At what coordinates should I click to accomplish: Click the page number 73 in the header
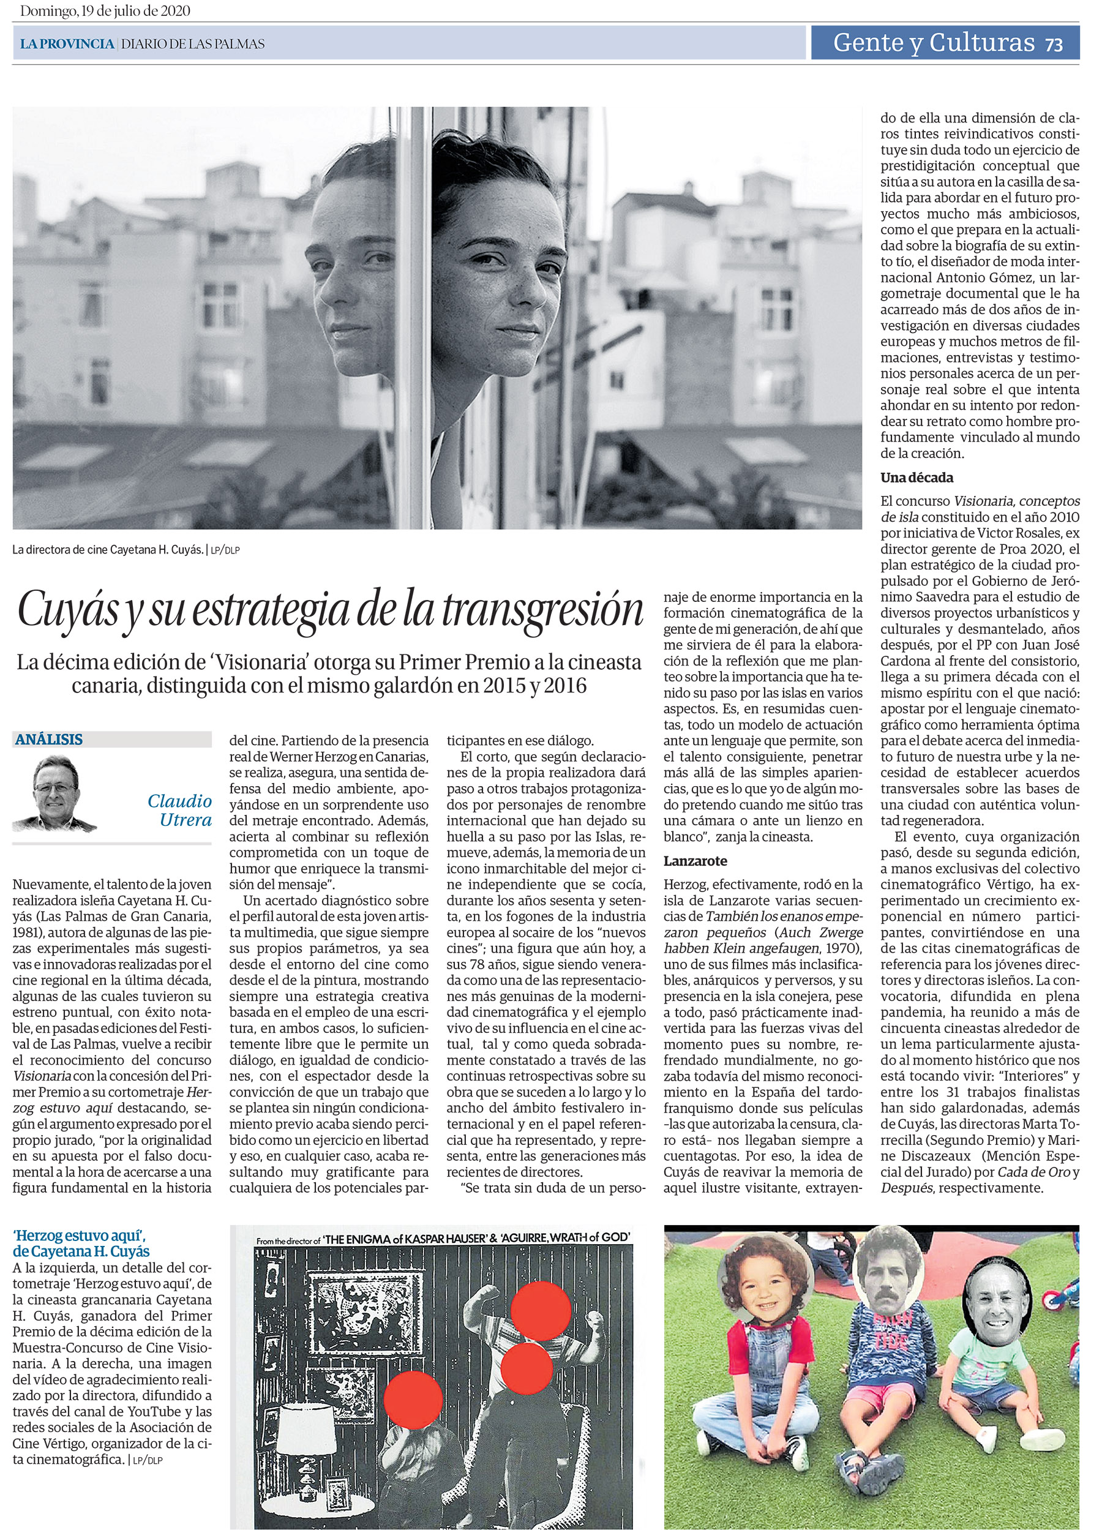click(1054, 45)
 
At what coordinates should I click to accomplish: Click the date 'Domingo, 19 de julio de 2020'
click(105, 11)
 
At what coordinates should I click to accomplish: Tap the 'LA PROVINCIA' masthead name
click(67, 45)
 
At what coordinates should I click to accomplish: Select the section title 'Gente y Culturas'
click(934, 42)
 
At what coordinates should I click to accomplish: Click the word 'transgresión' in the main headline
click(543, 609)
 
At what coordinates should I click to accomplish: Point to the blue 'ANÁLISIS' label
click(48, 740)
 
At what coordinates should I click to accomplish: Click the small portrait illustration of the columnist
click(55, 793)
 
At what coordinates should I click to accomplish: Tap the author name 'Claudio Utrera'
click(179, 810)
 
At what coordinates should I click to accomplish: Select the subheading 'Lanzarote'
click(695, 861)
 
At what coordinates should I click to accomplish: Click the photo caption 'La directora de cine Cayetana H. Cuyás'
click(108, 550)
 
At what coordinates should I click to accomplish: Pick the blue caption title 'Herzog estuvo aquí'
click(80, 1236)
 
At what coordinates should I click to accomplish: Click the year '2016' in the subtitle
click(565, 686)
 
